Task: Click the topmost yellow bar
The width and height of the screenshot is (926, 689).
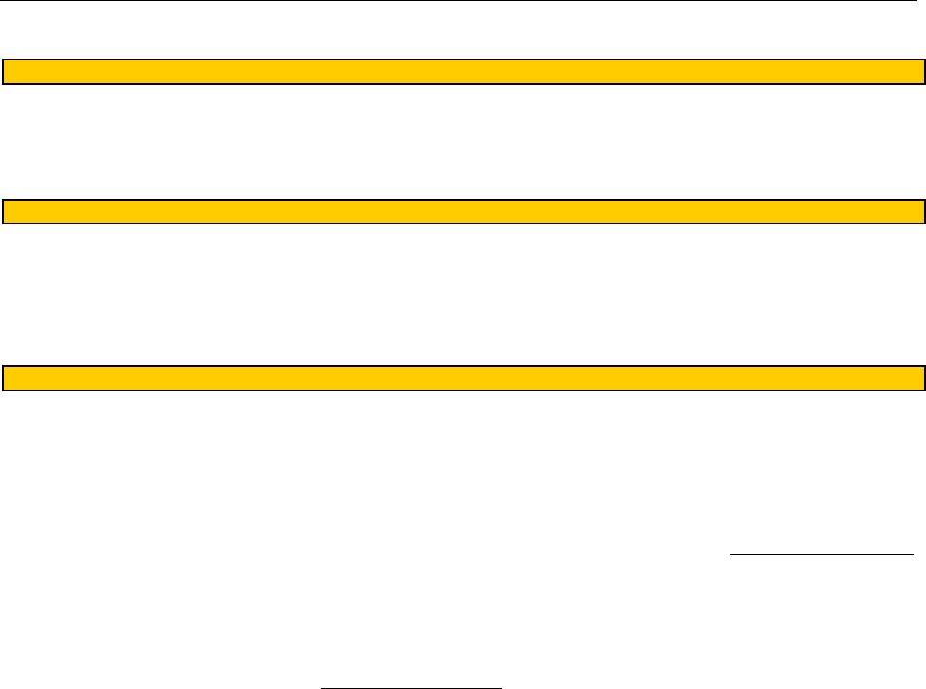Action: [x=463, y=72]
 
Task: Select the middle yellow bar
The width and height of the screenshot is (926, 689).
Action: [x=463, y=211]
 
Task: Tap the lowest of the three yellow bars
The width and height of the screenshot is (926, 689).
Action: [x=463, y=378]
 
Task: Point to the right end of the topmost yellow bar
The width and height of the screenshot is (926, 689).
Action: [x=919, y=72]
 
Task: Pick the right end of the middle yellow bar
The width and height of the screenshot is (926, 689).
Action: [x=919, y=211]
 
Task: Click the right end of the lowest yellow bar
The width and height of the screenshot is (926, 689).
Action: [x=919, y=378]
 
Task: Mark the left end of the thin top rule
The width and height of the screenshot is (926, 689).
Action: [x=2, y=1]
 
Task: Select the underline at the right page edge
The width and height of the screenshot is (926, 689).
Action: [x=822, y=553]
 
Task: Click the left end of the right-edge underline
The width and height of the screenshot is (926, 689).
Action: [x=731, y=553]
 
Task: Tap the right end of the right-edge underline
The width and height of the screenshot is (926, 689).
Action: [x=913, y=553]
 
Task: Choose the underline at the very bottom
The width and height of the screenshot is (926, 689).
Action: [x=412, y=686]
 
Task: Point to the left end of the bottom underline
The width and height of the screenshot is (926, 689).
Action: [x=322, y=686]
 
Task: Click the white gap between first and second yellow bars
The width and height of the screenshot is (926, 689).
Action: [x=463, y=142]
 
